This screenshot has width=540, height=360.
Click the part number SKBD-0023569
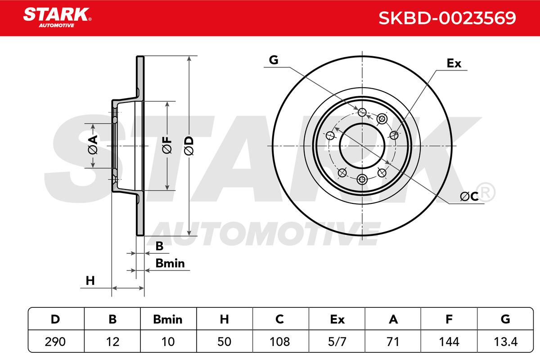(447, 18)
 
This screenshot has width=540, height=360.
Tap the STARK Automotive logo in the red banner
(57, 18)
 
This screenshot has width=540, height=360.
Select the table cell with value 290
(55, 342)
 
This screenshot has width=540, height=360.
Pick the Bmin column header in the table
(168, 319)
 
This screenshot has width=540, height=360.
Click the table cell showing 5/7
(337, 342)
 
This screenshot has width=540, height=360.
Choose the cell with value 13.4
(505, 342)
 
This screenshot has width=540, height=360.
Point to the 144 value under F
(449, 342)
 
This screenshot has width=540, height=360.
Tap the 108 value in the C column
(279, 342)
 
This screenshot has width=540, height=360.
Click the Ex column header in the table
(337, 319)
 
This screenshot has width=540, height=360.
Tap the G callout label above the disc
(274, 60)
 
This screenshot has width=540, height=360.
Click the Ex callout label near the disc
(454, 63)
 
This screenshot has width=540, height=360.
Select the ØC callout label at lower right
(469, 196)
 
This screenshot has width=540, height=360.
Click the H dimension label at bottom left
(90, 281)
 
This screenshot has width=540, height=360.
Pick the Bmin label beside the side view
(170, 263)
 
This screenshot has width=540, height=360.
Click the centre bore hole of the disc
(362, 146)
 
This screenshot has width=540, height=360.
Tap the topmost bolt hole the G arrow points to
(362, 112)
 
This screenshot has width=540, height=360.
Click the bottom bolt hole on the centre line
(362, 180)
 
